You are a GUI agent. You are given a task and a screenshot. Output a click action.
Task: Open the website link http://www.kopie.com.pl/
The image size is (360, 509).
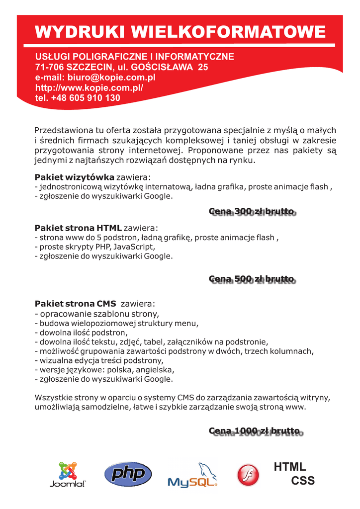click(89, 87)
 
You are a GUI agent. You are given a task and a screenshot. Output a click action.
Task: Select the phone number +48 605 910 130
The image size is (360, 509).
click(86, 98)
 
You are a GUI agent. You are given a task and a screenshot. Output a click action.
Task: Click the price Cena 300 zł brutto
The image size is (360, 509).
click(252, 212)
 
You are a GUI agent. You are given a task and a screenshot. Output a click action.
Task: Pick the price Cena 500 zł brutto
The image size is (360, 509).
click(252, 279)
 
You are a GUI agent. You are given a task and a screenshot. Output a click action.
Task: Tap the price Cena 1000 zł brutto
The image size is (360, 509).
click(255, 430)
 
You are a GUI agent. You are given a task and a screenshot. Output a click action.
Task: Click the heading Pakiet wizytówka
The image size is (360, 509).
click(75, 177)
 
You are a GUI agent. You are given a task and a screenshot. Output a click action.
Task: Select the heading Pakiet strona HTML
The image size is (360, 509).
click(78, 228)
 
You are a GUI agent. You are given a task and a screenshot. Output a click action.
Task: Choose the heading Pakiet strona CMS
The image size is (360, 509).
click(75, 303)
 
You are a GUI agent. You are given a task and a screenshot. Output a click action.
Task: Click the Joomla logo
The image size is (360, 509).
click(68, 475)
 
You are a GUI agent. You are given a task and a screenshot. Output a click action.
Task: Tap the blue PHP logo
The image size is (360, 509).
click(128, 474)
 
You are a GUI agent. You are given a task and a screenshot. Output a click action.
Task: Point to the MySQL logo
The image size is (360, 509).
click(192, 475)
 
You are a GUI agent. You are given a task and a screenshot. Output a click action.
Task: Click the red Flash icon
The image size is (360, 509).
click(248, 475)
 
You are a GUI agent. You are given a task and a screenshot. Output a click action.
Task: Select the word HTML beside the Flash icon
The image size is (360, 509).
click(290, 467)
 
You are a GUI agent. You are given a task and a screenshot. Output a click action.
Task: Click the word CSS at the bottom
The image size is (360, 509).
click(303, 481)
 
